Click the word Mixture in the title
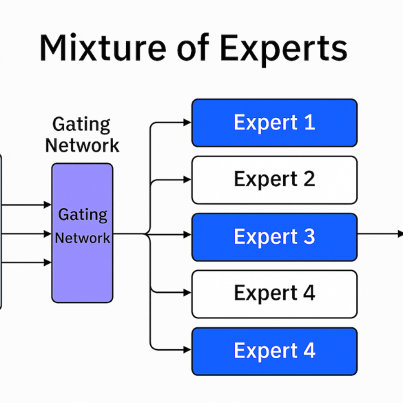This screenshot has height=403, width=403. tap(103, 48)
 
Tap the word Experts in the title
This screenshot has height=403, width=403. tap(284, 50)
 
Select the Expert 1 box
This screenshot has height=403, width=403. tap(274, 123)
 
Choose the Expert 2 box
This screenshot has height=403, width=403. tap(274, 180)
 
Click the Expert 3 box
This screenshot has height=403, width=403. tap(274, 237)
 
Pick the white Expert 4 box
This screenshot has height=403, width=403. tap(274, 294)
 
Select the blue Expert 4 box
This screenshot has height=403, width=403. tap(274, 351)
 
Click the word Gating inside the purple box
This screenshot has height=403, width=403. tap(83, 215)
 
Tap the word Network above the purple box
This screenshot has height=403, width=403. tap(82, 145)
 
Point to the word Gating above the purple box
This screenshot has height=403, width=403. tap(81, 125)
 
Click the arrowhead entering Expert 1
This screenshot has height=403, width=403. tap(187, 123)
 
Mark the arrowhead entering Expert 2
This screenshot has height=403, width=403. tap(187, 180)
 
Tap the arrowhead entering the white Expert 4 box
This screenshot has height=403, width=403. tap(187, 293)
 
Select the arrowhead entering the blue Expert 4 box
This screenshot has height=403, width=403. tap(187, 350)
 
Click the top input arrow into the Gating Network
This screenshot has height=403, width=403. tap(26, 205)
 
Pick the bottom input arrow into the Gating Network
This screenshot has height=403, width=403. tap(26, 262)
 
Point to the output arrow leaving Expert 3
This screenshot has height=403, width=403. tap(380, 234)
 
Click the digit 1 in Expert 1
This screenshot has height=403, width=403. tap(309, 123)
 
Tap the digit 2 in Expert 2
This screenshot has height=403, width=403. tap(309, 179)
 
